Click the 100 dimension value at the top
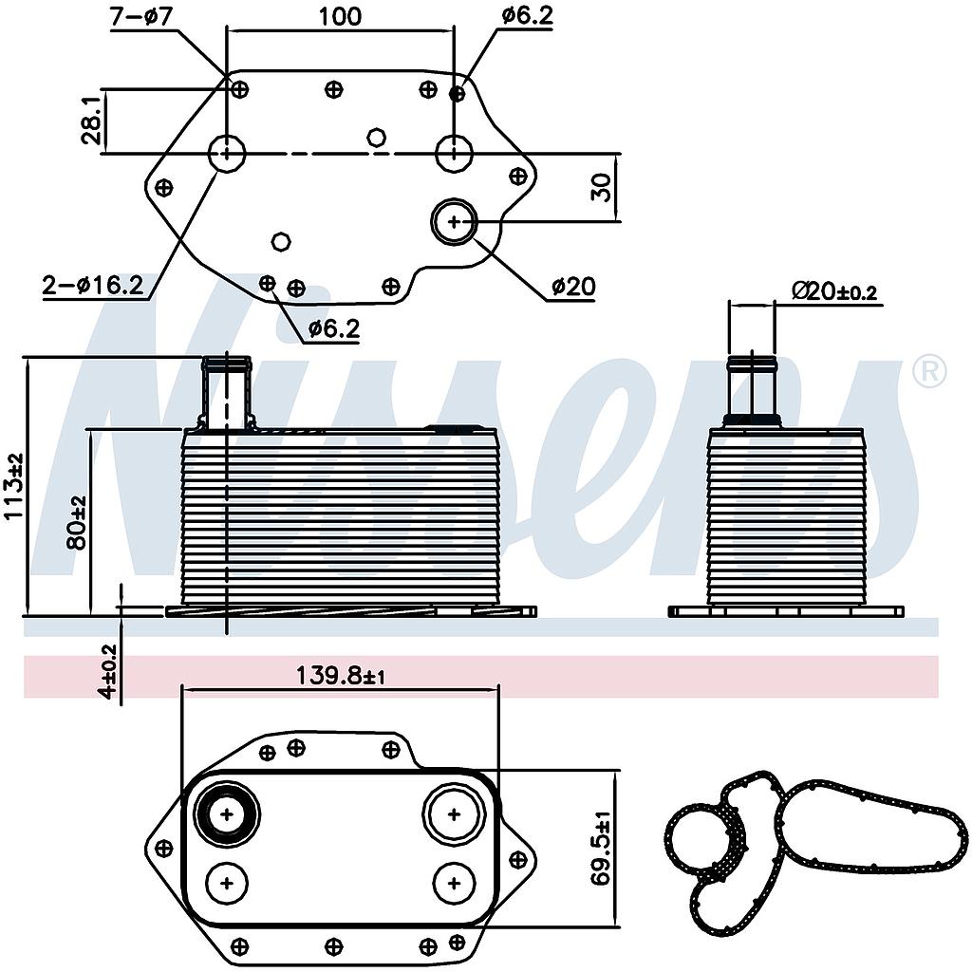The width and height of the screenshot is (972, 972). pyautogui.click(x=340, y=16)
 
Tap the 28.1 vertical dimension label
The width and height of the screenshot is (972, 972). pyautogui.click(x=91, y=121)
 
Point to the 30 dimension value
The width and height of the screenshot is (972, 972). pyautogui.click(x=601, y=189)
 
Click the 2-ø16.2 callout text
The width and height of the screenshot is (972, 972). pyautogui.click(x=93, y=284)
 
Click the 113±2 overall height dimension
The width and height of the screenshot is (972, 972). pyautogui.click(x=13, y=486)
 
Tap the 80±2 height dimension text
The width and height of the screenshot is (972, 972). pyautogui.click(x=78, y=522)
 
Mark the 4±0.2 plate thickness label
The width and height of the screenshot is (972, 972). pyautogui.click(x=108, y=671)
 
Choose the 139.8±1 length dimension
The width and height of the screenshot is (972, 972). pyautogui.click(x=340, y=676)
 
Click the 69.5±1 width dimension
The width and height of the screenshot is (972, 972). pyautogui.click(x=600, y=848)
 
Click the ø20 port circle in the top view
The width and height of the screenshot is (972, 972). pyautogui.click(x=455, y=222)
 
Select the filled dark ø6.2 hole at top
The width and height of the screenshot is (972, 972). pyautogui.click(x=458, y=93)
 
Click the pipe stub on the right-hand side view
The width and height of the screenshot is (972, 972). pyautogui.click(x=752, y=389)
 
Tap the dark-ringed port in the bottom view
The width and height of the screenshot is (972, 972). pyautogui.click(x=227, y=813)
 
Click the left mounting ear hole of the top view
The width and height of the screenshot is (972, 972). pyautogui.click(x=164, y=187)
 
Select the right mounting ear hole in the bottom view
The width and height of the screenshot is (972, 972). pyautogui.click(x=518, y=858)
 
